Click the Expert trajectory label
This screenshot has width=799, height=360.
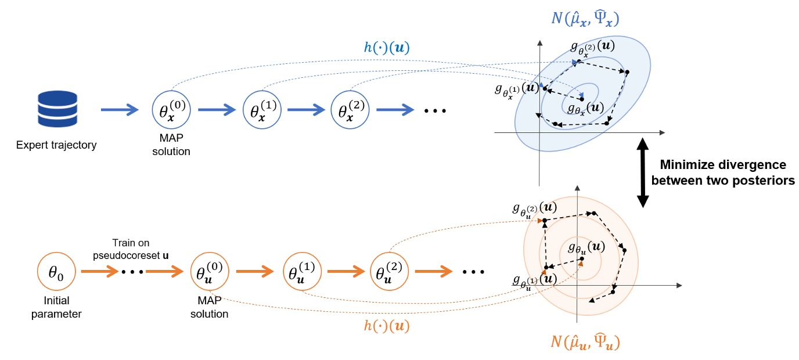pos(56,145)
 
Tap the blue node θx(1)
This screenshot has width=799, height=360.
pos(260,109)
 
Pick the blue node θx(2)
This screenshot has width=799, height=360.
pos(350,109)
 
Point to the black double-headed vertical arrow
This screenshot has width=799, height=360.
pos(642,172)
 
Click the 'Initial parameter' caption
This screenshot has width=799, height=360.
pos(56,308)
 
